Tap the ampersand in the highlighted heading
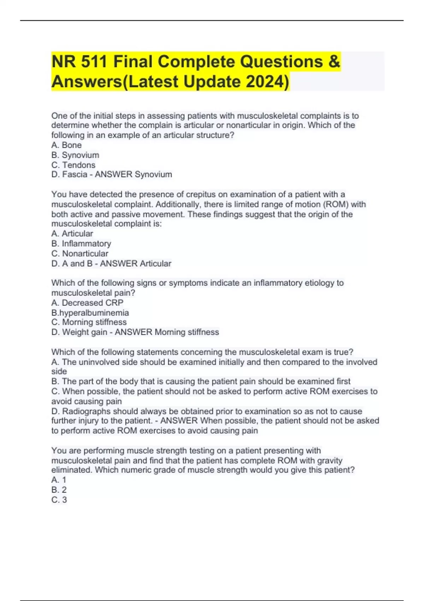coord(334,62)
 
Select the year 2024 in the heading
coord(265,82)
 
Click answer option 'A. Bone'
coord(66,145)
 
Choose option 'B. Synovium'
coord(75,155)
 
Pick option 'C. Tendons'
coord(73,165)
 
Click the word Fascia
coord(75,174)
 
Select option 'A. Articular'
coord(72,234)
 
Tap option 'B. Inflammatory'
coord(81,244)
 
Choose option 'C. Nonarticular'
coord(80,253)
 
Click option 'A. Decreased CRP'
coord(87,303)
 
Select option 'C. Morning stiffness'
coord(89,322)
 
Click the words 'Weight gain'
coord(85,332)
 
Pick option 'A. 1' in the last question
coord(59,480)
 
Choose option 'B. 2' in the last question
coord(59,490)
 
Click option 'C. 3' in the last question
coord(59,500)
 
